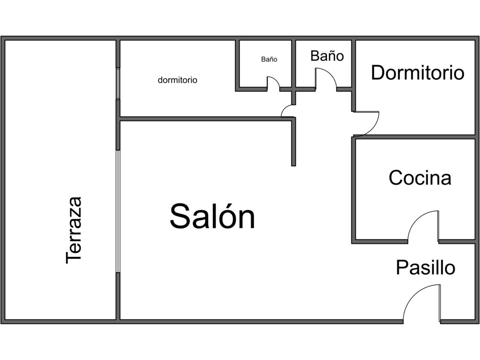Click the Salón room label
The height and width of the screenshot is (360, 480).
click(x=212, y=216)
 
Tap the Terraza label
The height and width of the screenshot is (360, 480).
click(x=74, y=231)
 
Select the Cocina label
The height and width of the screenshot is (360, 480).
click(x=420, y=178)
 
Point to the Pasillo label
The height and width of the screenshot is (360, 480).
click(x=426, y=267)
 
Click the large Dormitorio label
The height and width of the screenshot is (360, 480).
click(x=418, y=73)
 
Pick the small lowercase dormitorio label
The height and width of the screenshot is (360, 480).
click(x=177, y=80)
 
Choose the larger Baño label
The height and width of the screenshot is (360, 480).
click(x=327, y=56)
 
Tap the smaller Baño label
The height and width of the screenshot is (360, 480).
click(x=269, y=59)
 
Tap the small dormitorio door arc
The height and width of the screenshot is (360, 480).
click(x=285, y=108)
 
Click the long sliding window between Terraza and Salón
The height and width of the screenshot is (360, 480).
click(x=118, y=211)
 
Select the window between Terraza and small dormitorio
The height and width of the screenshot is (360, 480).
click(x=118, y=84)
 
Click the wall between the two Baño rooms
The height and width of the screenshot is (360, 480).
click(x=294, y=63)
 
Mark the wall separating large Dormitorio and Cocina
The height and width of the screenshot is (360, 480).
click(x=414, y=137)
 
